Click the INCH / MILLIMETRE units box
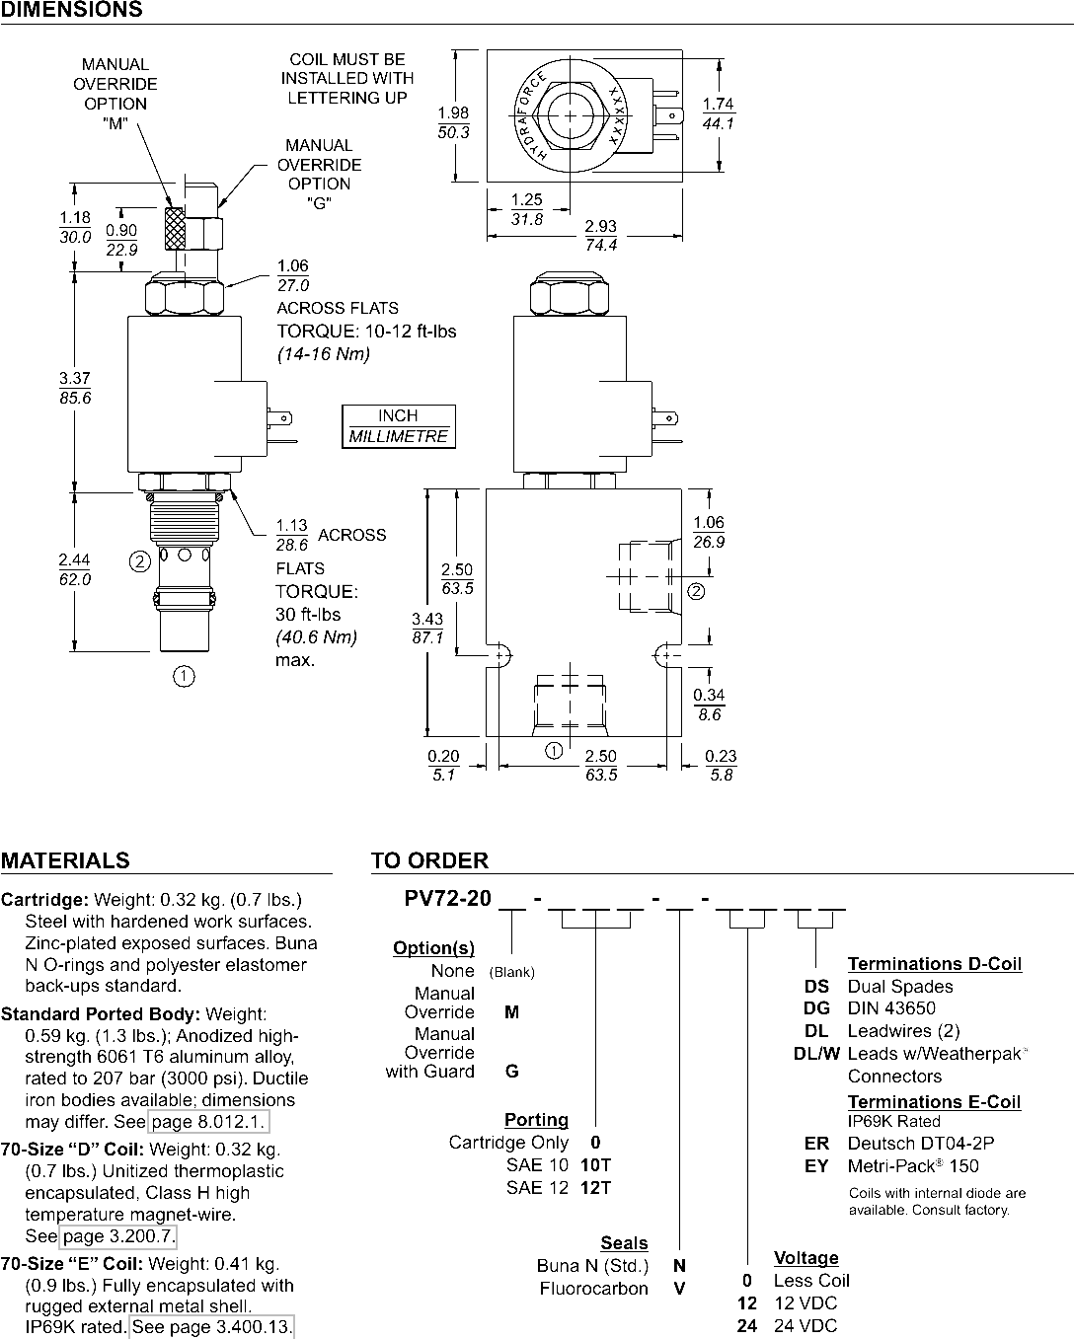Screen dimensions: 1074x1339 coord(399,426)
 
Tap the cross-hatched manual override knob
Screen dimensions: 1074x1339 coord(175,228)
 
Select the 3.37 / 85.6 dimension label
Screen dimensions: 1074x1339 coord(75,388)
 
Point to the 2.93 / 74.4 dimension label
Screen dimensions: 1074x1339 coord(601,235)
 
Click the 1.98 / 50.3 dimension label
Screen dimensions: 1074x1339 coord(453,122)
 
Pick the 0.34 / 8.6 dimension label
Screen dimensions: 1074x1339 coord(709,705)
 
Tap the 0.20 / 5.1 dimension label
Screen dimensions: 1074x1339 coord(443,766)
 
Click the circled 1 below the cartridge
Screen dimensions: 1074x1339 coord(184,676)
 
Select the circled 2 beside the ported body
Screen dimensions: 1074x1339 coord(696,591)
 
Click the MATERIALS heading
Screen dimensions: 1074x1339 coord(65,860)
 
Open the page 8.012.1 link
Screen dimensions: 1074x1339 coord(208,1121)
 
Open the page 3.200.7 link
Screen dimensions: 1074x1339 coord(117,1235)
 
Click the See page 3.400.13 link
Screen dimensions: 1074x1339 coord(211,1327)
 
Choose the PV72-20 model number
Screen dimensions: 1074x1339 coord(447,899)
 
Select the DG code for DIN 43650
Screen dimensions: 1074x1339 coord(817,1008)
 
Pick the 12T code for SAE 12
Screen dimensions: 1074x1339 coord(596,1188)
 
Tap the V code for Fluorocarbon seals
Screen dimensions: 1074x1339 coord(679,1289)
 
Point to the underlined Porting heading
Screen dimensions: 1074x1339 coord(536,1120)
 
